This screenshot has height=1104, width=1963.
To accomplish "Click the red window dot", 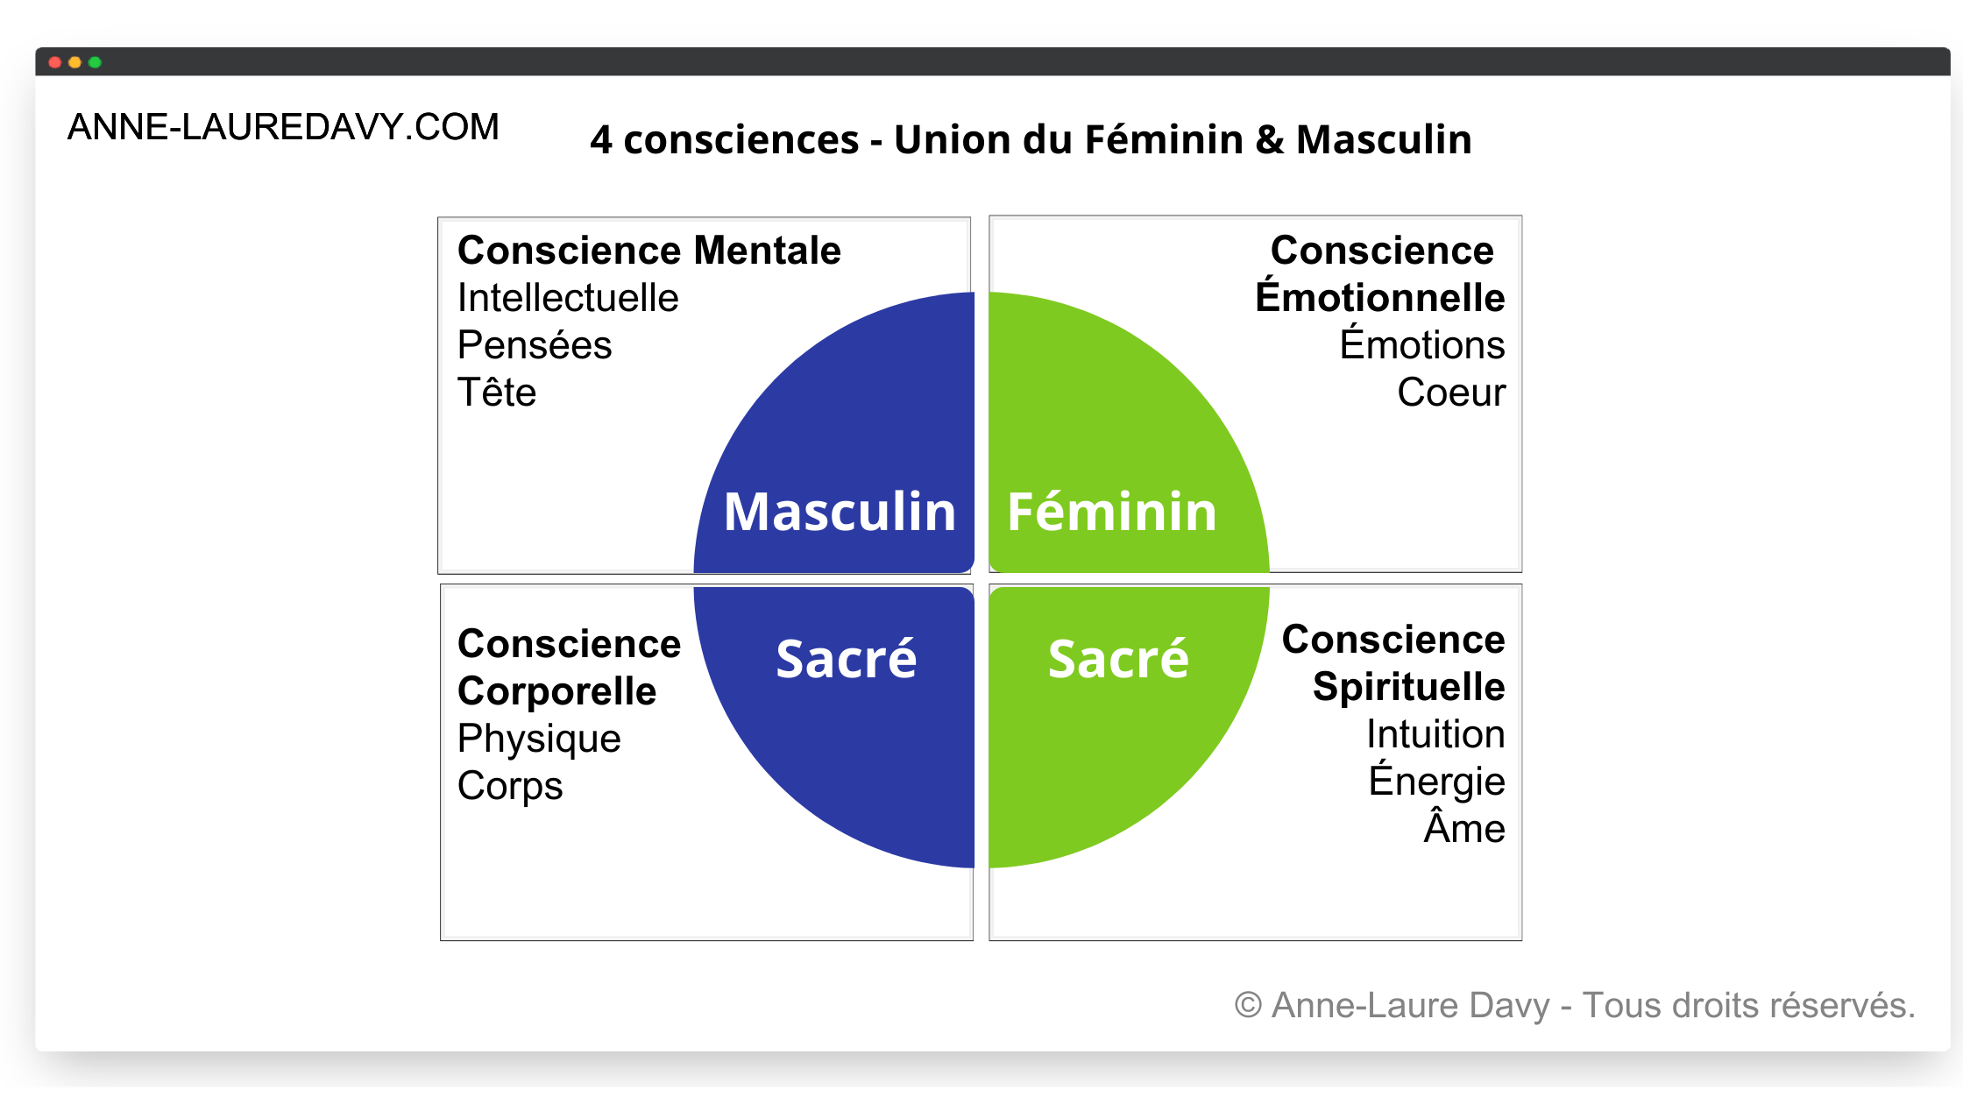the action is [54, 62].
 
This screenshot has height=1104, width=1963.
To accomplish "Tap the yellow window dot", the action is [74, 62].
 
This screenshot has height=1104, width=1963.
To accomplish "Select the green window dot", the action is [95, 62].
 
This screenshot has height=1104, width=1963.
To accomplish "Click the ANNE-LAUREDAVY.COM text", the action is [283, 127].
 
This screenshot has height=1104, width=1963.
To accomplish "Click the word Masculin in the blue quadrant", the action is [840, 512].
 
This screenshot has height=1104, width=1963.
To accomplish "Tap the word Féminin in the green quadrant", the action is [1112, 512].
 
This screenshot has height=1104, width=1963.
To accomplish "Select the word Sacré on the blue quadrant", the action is [846, 659].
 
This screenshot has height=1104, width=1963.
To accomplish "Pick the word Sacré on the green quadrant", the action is [1118, 659].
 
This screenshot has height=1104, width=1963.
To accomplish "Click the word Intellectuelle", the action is [568, 298].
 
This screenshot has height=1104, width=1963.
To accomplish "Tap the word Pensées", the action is [535, 345].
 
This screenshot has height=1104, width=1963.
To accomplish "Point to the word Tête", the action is [497, 393].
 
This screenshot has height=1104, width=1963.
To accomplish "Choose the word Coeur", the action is [1451, 393].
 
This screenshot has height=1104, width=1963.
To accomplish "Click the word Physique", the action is [539, 739].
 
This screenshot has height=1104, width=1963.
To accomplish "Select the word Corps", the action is [510, 786].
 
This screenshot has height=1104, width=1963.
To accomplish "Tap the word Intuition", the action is [1435, 734].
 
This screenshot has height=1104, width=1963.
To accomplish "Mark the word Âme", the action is [1464, 827].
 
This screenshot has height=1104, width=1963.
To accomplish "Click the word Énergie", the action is [1437, 780].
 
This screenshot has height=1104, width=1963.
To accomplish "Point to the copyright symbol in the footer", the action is [1248, 1005].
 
